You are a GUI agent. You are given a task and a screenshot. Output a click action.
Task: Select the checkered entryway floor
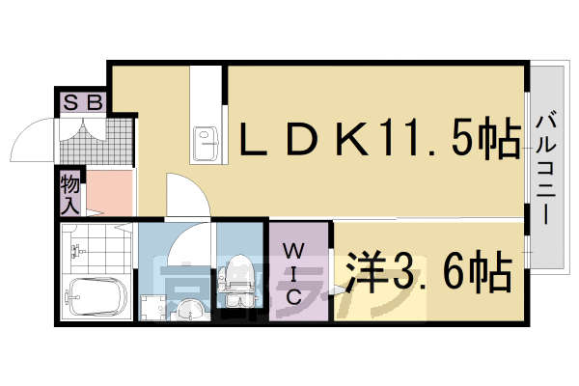pyautogui.click(x=96, y=141)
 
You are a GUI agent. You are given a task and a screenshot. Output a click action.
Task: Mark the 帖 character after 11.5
pyautogui.click(x=497, y=144)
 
